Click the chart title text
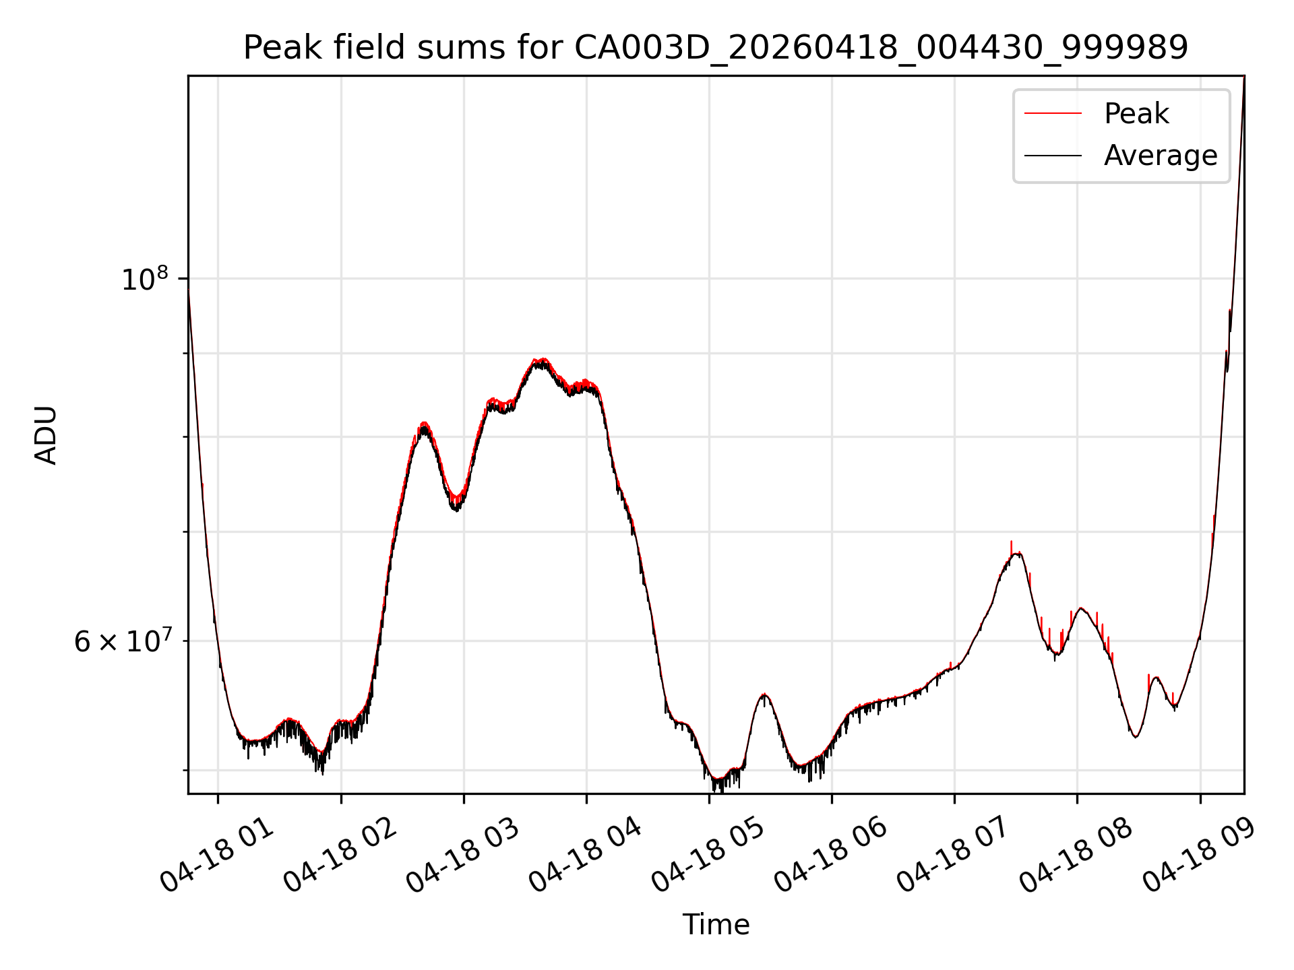716,48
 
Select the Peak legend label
1136,114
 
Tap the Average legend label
1161,156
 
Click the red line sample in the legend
1053,114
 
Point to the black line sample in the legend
1053,156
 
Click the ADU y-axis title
46,435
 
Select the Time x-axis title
716,924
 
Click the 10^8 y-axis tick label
144,278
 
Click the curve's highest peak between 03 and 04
541,360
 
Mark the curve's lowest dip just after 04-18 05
718,783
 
